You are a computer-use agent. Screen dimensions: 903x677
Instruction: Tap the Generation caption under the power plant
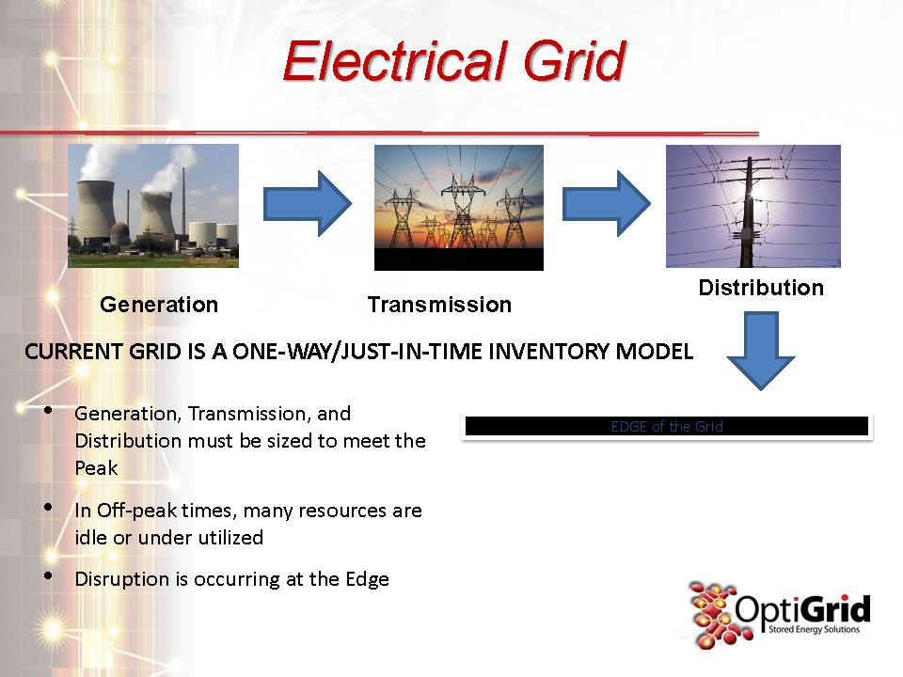159,305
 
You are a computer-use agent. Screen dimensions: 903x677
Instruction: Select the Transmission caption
439,305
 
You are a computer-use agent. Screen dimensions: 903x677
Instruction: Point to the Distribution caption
761,288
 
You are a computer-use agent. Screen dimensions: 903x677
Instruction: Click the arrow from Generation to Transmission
307,203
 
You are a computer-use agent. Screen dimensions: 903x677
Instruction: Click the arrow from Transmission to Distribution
607,203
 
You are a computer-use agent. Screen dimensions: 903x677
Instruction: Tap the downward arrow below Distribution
761,351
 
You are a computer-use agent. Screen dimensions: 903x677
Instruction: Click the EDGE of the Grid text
667,427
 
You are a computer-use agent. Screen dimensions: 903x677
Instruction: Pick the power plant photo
153,206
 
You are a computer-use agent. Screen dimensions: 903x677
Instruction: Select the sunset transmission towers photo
459,207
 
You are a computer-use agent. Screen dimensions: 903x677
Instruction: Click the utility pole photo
753,206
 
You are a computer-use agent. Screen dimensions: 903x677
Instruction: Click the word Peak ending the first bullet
96,468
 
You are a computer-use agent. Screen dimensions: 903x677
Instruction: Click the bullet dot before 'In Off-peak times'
48,507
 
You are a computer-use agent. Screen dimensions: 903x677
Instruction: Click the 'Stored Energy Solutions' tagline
814,629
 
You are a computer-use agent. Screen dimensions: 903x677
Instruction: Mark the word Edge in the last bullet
368,580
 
